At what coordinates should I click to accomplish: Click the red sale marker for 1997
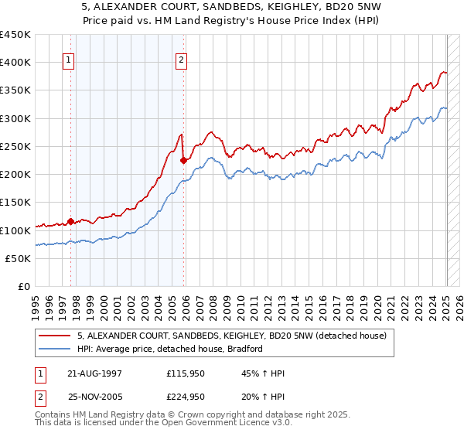(70, 221)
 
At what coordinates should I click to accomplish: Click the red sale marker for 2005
(183, 161)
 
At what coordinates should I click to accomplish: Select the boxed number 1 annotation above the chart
(69, 62)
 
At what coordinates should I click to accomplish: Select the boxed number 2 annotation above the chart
(181, 62)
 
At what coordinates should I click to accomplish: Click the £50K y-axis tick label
(19, 258)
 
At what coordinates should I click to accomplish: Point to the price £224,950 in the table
(186, 396)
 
